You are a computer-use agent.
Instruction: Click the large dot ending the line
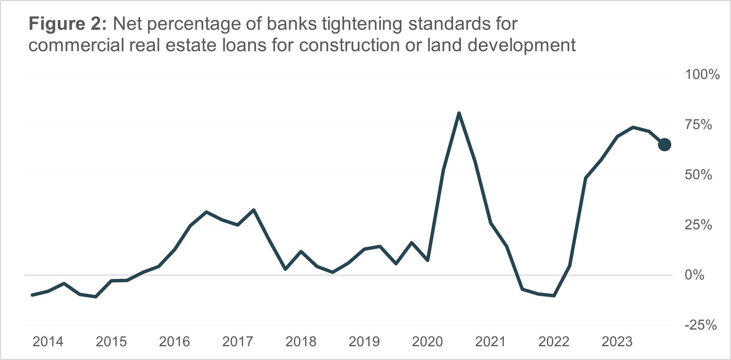coord(664,145)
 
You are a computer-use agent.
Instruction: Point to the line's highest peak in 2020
coord(459,113)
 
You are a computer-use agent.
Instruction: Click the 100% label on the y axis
coord(702,75)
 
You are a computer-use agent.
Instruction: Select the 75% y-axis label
coord(698,125)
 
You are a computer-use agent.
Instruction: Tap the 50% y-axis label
coord(698,175)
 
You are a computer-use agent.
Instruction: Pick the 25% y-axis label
coord(698,225)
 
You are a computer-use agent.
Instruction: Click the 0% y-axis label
coord(694,275)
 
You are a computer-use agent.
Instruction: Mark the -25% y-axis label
coord(700,325)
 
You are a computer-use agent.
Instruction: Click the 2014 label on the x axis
coord(48,342)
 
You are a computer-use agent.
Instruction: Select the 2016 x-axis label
coord(174,342)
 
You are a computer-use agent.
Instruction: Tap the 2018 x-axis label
coord(301,342)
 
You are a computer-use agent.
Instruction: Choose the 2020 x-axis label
coord(427,342)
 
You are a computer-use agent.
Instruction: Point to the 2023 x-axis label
coord(617,342)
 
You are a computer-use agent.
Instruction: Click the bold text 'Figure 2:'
coord(68,24)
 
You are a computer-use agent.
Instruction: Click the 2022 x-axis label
coord(554,342)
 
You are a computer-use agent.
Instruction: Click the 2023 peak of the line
coord(633,128)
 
